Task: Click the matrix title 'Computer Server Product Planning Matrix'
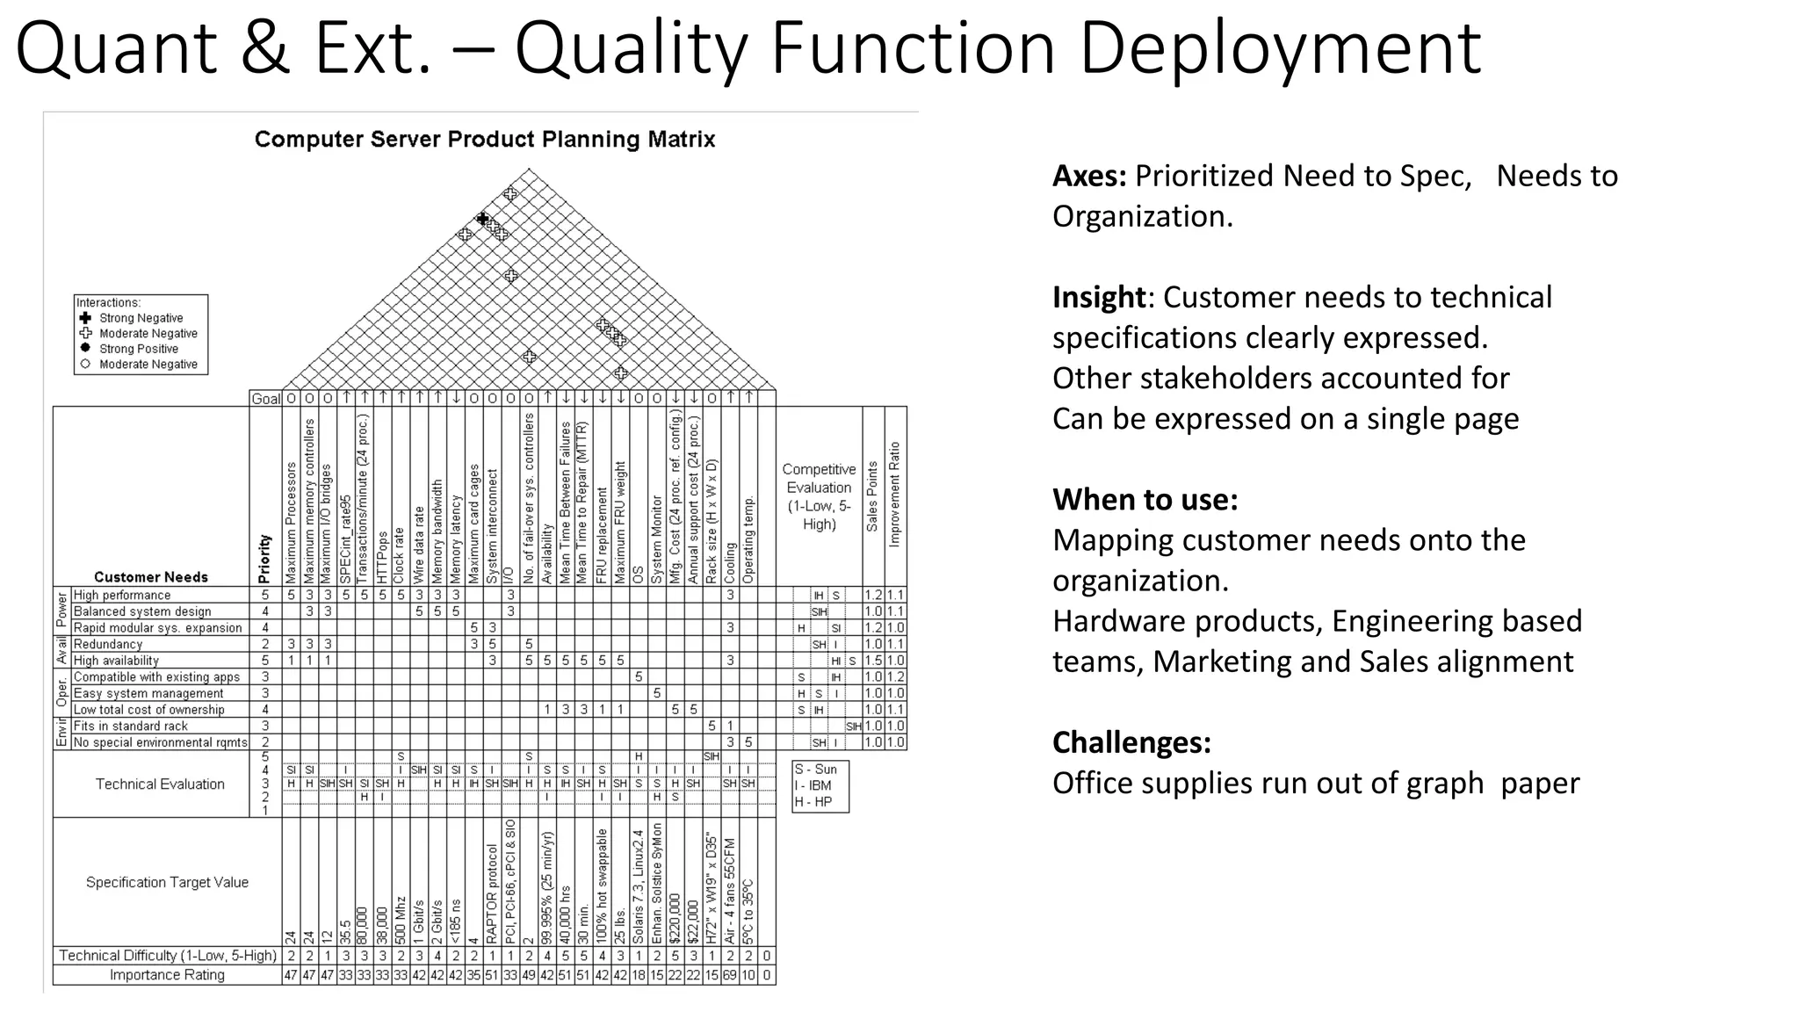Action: [x=485, y=140]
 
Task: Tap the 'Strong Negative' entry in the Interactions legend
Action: [x=141, y=318]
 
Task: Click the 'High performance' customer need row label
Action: [x=122, y=596]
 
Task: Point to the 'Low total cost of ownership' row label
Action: [x=148, y=710]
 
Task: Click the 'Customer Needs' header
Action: [x=151, y=577]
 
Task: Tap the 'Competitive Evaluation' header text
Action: [x=819, y=496]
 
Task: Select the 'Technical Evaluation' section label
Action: [x=160, y=784]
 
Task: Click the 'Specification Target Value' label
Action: [x=167, y=883]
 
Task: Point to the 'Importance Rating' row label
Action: [x=167, y=975]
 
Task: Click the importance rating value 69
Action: [x=730, y=975]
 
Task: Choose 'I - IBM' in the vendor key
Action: [x=813, y=786]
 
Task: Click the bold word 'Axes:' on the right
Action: [x=1089, y=177]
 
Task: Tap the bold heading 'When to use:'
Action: [x=1145, y=500]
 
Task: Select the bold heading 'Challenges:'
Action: [x=1131, y=743]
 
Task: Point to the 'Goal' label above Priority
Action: [x=265, y=399]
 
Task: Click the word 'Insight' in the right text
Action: [x=1099, y=298]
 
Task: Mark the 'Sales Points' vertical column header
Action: [x=872, y=496]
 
